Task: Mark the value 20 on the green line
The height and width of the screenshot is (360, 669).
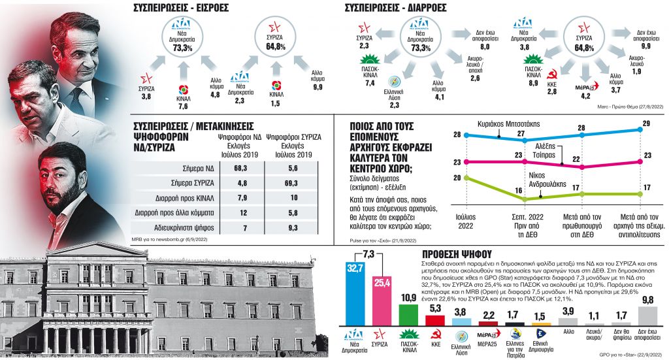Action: point(457,178)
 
